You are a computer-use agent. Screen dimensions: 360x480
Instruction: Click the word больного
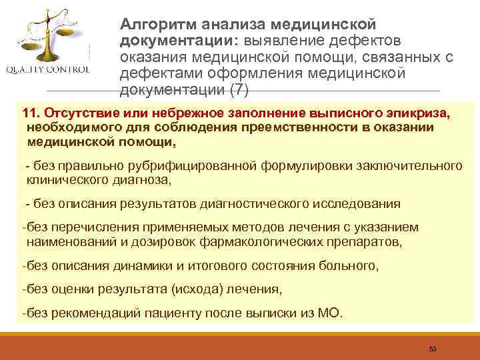pyautogui.click(x=347, y=266)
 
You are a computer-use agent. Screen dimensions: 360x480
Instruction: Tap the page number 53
pyautogui.click(x=433, y=349)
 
